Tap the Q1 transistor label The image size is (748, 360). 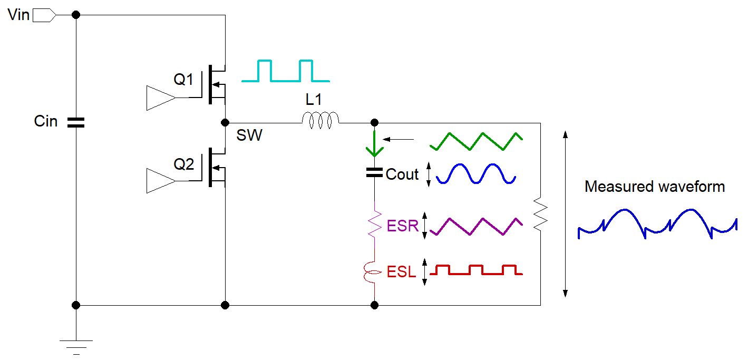(x=184, y=80)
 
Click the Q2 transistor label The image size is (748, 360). (x=184, y=164)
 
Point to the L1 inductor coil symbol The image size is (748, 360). (x=320, y=121)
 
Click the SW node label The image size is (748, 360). (x=249, y=136)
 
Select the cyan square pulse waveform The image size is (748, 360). (x=285, y=71)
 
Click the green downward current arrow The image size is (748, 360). (x=374, y=144)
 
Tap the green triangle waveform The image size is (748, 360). (x=476, y=141)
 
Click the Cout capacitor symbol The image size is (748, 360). (x=374, y=172)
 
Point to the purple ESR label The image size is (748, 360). (x=402, y=226)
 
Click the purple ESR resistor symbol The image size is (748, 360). (x=374, y=225)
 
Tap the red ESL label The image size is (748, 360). (x=401, y=273)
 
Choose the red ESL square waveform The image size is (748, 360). (x=476, y=270)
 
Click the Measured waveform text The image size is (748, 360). (x=655, y=187)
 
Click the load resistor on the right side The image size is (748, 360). (x=540, y=214)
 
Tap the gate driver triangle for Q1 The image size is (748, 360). (x=160, y=98)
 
